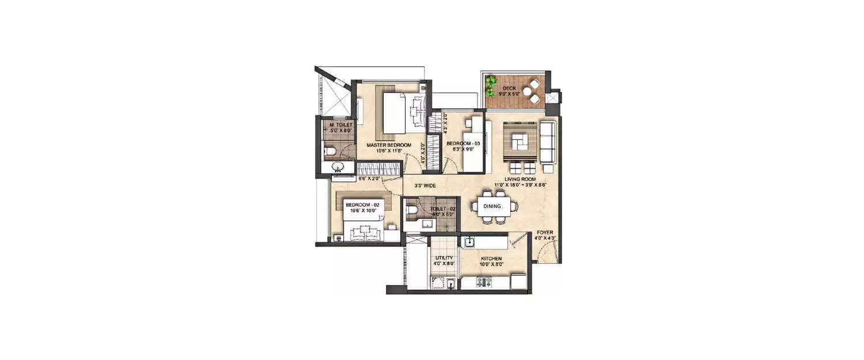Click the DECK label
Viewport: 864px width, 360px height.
(x=509, y=88)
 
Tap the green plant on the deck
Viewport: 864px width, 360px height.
(x=491, y=86)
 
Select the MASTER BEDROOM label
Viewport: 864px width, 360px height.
(x=389, y=145)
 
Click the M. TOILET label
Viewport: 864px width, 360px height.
(x=337, y=125)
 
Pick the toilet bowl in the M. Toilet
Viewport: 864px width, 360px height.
(x=329, y=152)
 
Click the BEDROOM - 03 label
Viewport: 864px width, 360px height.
(x=463, y=143)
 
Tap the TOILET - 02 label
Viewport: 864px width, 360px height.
(x=443, y=209)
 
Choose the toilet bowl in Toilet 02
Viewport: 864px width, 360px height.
(x=411, y=211)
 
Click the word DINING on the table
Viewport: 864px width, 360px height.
(x=491, y=206)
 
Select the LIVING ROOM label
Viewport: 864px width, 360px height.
(x=520, y=179)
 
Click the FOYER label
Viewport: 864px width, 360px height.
(x=545, y=233)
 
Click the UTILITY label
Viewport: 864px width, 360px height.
(x=444, y=258)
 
